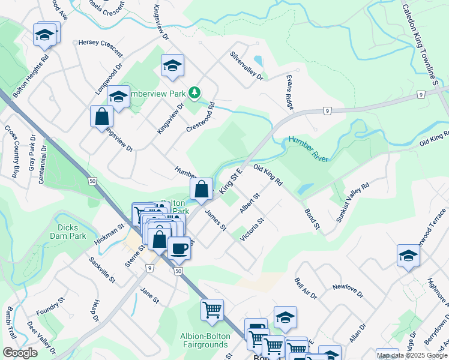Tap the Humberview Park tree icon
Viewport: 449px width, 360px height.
pyautogui.click(x=194, y=92)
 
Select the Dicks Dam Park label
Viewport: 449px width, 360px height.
pyautogui.click(x=73, y=232)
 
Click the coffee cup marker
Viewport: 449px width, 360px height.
pyautogui.click(x=179, y=248)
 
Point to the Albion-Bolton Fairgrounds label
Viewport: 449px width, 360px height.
pyautogui.click(x=205, y=341)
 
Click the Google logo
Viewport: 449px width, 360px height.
pyautogui.click(x=20, y=353)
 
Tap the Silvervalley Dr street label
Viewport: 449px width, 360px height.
pyautogui.click(x=246, y=65)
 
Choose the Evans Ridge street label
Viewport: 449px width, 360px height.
pyautogui.click(x=289, y=96)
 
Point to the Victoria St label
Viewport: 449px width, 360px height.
pyautogui.click(x=252, y=230)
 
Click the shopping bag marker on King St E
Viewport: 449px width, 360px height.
pyautogui.click(x=202, y=190)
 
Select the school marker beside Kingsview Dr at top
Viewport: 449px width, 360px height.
pyautogui.click(x=172, y=67)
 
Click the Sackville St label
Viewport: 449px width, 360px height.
pyautogui.click(x=101, y=269)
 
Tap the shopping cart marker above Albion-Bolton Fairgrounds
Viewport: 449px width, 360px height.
pyautogui.click(x=212, y=310)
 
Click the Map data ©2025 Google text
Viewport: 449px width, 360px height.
pyautogui.click(x=412, y=355)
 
